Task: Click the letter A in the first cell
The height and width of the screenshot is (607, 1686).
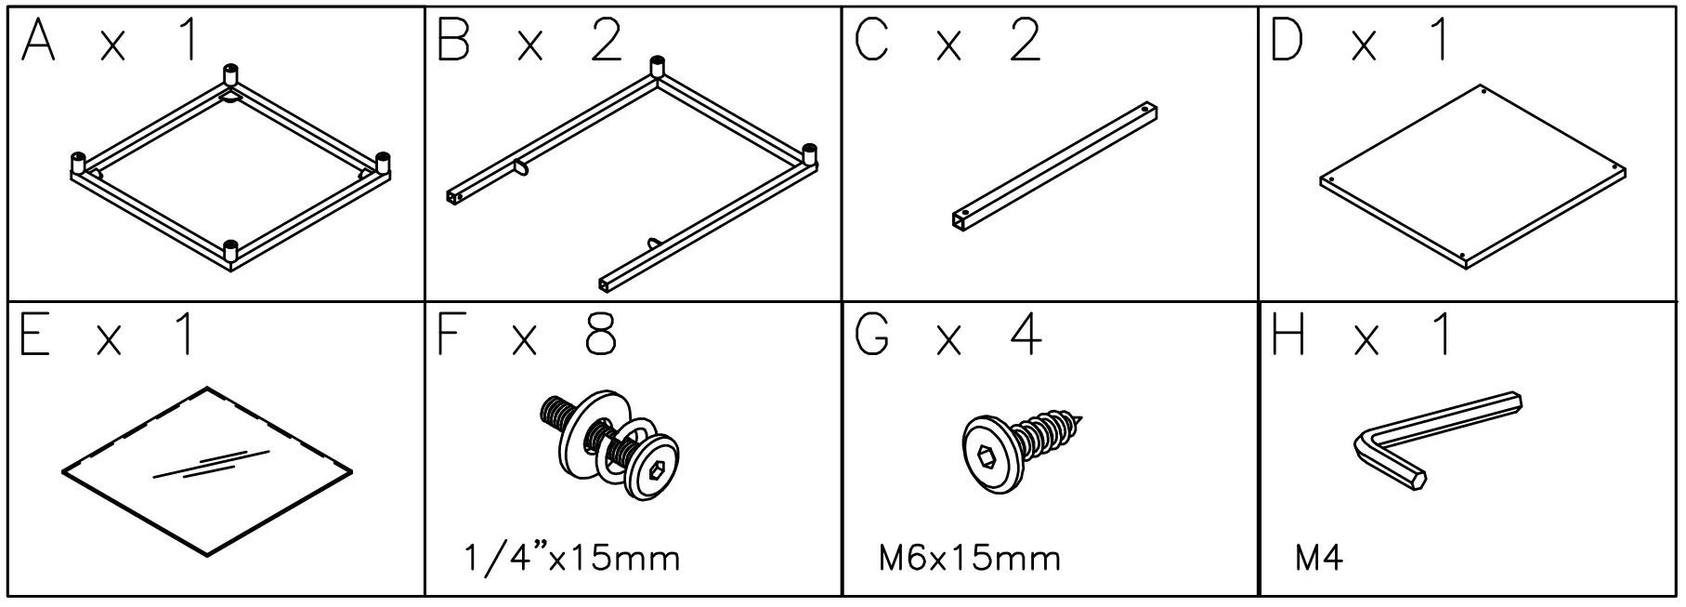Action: pyautogui.click(x=38, y=43)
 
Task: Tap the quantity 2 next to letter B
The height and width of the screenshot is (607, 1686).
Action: pyautogui.click(x=607, y=43)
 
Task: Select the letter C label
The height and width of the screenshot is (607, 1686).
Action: pyautogui.click(x=871, y=43)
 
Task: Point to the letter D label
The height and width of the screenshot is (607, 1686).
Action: pyautogui.click(x=1287, y=43)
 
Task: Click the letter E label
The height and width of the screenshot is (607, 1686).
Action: pyautogui.click(x=34, y=335)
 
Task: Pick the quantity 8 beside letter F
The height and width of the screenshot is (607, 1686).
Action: pyautogui.click(x=601, y=335)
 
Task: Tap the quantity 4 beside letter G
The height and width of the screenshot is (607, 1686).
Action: pyautogui.click(x=1026, y=335)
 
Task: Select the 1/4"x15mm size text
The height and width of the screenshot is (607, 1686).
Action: pyautogui.click(x=571, y=559)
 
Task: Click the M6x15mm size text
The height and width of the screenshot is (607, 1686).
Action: pyautogui.click(x=969, y=559)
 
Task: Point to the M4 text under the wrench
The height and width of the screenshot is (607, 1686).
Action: pyautogui.click(x=1318, y=559)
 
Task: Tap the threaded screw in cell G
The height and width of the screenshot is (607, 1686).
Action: pyautogui.click(x=1022, y=442)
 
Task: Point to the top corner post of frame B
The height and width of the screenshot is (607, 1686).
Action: pyautogui.click(x=657, y=66)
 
